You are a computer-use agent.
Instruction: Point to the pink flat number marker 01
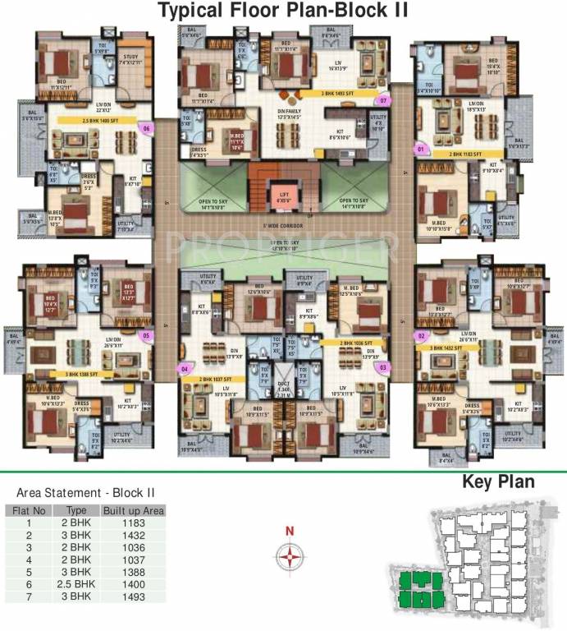pyautogui.click(x=421, y=150)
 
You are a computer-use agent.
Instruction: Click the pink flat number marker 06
pyautogui.click(x=147, y=128)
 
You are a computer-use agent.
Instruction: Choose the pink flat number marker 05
pyautogui.click(x=147, y=335)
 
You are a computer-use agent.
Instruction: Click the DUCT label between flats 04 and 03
pyautogui.click(x=283, y=388)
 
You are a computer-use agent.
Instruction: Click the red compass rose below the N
pyautogui.click(x=289, y=560)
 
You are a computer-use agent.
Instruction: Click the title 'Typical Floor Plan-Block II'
pyautogui.click(x=283, y=11)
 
